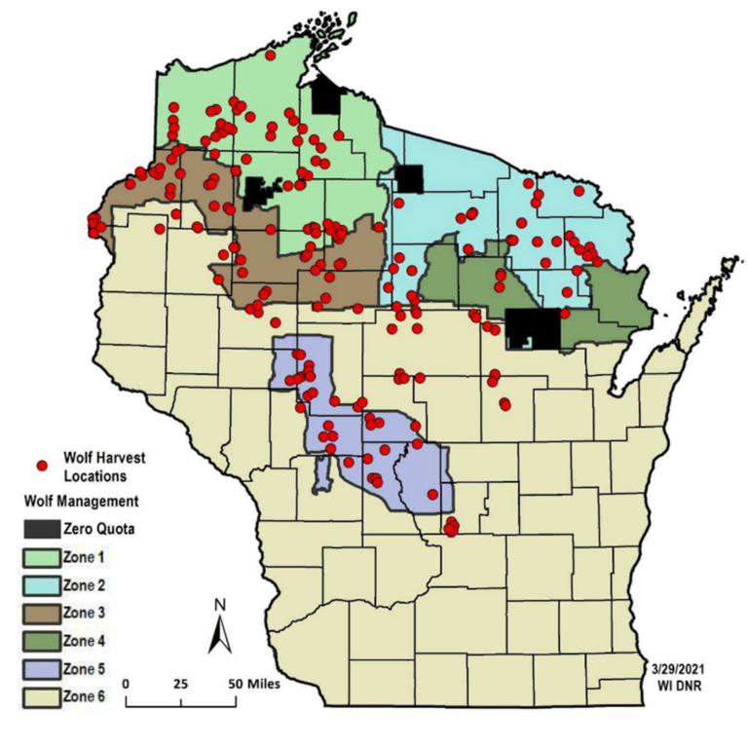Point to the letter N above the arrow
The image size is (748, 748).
(221, 604)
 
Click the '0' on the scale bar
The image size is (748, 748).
(128, 684)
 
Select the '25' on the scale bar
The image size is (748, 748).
(180, 684)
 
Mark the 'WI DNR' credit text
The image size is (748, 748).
(687, 688)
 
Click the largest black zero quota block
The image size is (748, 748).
(534, 328)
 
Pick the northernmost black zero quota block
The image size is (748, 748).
(327, 97)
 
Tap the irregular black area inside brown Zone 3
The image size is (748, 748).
(259, 192)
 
